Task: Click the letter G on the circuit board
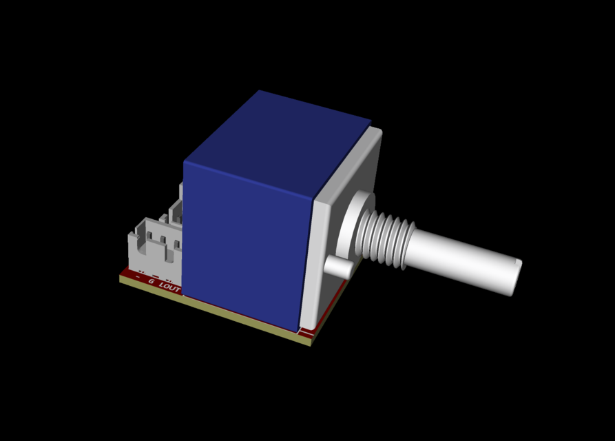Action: [151, 281]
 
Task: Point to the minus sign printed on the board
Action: [138, 277]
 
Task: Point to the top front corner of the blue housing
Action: [185, 162]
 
